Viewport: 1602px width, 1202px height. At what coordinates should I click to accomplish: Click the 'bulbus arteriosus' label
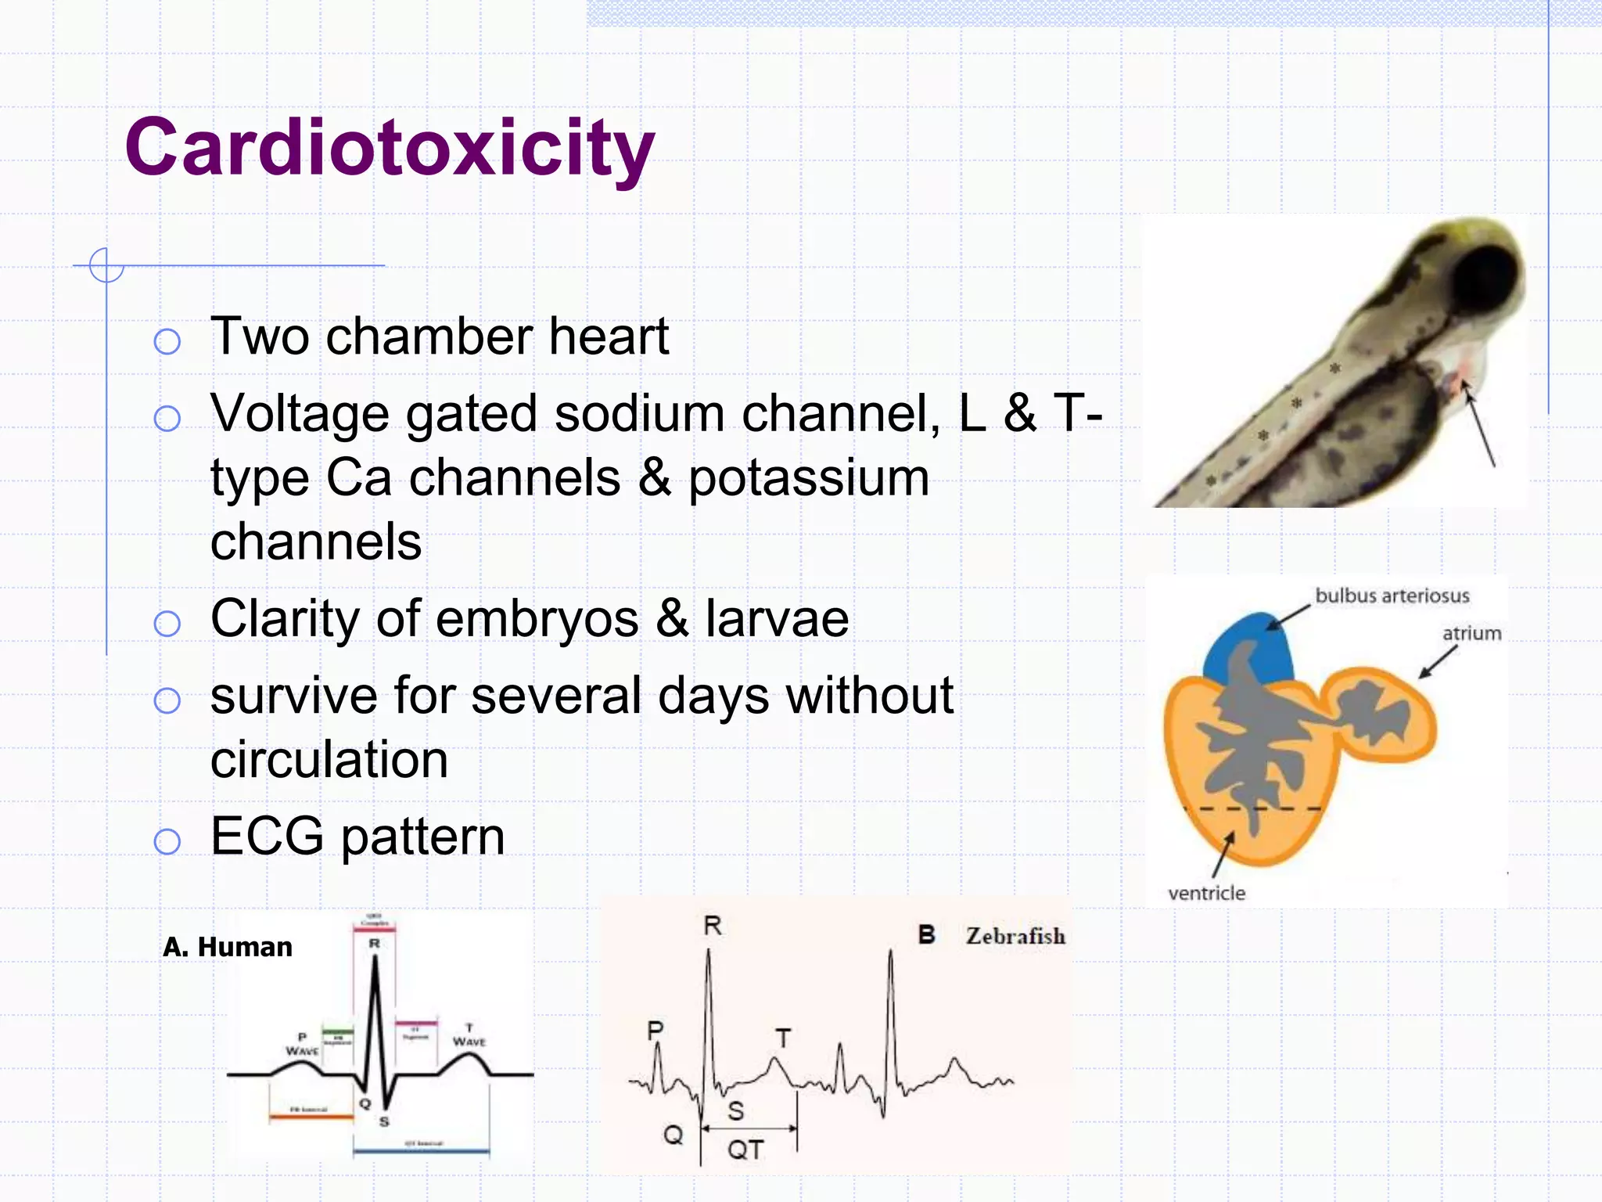tap(1392, 596)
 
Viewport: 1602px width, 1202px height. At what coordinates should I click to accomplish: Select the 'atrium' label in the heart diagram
tap(1471, 633)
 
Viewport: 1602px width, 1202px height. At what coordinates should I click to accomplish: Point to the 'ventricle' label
tap(1206, 893)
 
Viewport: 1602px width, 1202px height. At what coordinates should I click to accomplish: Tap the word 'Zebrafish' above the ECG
tap(1015, 936)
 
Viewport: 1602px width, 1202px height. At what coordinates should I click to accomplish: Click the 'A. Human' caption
tap(227, 947)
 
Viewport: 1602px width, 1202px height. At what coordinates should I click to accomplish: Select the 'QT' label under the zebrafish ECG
tap(745, 1150)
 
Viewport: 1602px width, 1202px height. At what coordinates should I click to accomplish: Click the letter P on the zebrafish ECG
tap(656, 1031)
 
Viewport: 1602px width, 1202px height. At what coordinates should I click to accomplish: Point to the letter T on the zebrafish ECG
tap(783, 1038)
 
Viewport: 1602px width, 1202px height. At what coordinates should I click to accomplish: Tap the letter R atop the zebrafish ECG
tap(712, 927)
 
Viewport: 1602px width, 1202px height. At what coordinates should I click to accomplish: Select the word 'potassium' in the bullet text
tap(808, 477)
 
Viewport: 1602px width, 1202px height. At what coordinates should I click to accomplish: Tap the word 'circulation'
tap(329, 759)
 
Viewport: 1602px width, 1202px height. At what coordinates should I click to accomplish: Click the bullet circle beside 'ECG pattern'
tap(167, 841)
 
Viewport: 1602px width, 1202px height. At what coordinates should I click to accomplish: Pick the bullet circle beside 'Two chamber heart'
tap(167, 341)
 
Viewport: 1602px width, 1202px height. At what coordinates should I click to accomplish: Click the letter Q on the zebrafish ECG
tap(673, 1134)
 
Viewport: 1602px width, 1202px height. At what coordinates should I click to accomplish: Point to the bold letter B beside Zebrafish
tap(926, 934)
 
